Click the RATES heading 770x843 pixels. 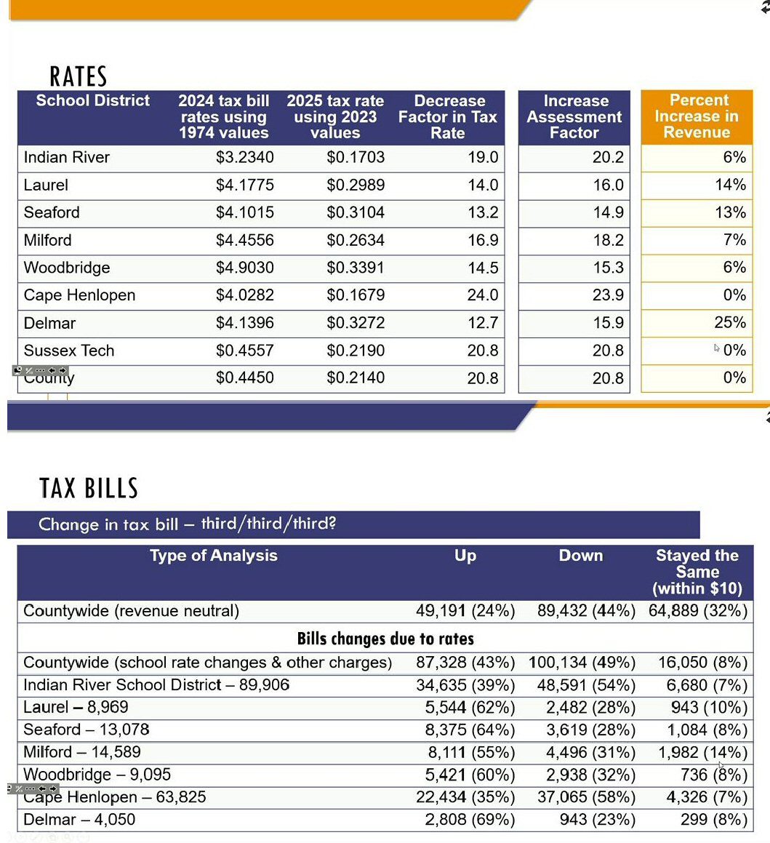tap(78, 76)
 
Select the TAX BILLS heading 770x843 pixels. tap(89, 488)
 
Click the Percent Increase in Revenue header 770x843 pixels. tap(696, 116)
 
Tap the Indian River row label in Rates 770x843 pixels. tap(66, 157)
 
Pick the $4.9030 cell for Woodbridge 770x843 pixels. tap(245, 268)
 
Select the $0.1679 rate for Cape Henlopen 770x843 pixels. tap(356, 295)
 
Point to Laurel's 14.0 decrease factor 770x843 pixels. tap(483, 185)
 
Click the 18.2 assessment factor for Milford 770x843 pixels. tap(608, 240)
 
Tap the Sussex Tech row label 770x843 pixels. tap(69, 351)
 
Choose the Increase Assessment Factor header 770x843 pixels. tap(574, 116)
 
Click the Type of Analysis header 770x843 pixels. tap(213, 556)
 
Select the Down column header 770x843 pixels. tap(580, 556)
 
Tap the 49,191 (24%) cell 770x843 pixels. tap(465, 610)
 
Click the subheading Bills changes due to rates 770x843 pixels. tap(385, 639)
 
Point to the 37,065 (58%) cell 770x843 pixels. tap(586, 797)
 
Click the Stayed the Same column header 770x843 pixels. tap(697, 572)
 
